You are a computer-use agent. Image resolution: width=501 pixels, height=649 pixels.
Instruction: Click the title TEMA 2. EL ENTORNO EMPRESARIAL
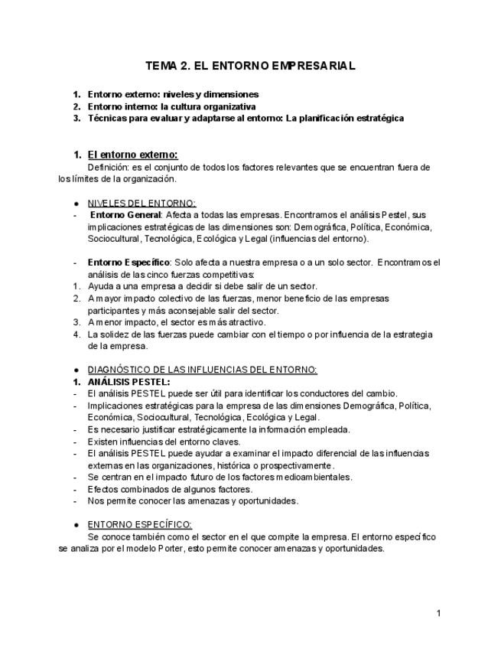(250, 66)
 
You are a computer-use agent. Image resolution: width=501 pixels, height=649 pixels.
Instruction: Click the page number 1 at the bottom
(438, 613)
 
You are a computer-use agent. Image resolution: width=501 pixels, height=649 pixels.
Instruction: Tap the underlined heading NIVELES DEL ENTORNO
(142, 203)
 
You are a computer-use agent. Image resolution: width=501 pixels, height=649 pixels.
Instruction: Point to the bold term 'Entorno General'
(125, 215)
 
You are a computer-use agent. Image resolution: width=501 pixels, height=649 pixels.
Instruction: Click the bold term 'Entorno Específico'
(129, 263)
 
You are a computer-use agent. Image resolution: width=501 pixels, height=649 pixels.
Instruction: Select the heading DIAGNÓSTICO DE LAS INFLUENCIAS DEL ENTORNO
(202, 370)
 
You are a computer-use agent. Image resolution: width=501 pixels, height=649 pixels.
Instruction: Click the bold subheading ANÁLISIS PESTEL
(129, 381)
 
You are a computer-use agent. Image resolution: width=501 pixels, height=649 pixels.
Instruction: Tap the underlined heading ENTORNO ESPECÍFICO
(139, 524)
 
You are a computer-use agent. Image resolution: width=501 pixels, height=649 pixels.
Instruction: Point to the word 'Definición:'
(109, 167)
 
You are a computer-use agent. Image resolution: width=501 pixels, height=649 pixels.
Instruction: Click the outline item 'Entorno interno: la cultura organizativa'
(171, 106)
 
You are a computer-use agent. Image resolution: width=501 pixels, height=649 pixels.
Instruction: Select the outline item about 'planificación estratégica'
(246, 119)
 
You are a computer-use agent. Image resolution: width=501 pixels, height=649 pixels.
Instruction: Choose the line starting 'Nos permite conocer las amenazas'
(193, 501)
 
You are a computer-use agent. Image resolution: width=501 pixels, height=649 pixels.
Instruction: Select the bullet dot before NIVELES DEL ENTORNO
(76, 204)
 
